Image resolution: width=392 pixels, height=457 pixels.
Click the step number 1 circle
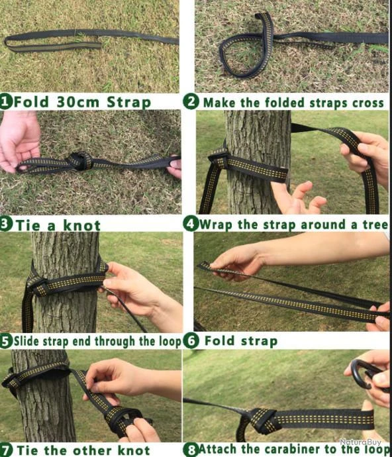pyautogui.click(x=6, y=102)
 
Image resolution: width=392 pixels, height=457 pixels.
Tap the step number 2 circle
pyautogui.click(x=191, y=102)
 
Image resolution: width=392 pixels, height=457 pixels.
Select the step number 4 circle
pyautogui.click(x=191, y=224)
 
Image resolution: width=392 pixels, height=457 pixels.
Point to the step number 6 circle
pyautogui.click(x=191, y=341)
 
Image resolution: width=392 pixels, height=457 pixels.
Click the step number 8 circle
pyautogui.click(x=191, y=450)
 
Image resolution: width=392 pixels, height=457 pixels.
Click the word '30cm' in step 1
pyautogui.click(x=78, y=102)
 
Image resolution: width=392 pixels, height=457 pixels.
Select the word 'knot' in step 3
pyautogui.click(x=81, y=226)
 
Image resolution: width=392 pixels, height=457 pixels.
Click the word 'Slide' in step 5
pyautogui.click(x=27, y=340)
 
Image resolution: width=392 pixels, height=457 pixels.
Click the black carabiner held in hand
pyautogui.click(x=364, y=374)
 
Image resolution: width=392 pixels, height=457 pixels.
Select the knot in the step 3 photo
pyautogui.click(x=80, y=161)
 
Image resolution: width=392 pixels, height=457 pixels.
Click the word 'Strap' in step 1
pyautogui.click(x=129, y=103)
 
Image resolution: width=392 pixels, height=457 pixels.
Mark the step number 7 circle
pyautogui.click(x=6, y=450)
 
